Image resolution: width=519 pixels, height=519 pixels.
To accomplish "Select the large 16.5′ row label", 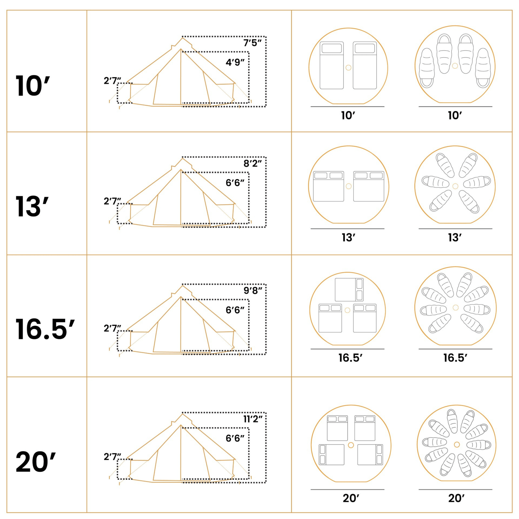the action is (x=45, y=329).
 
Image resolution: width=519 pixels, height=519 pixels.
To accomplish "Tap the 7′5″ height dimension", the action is (x=252, y=43).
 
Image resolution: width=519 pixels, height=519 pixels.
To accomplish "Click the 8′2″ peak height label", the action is (x=252, y=163).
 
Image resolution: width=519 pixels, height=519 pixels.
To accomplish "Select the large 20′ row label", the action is (x=36, y=462).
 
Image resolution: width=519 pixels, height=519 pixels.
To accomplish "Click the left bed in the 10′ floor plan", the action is (x=332, y=65).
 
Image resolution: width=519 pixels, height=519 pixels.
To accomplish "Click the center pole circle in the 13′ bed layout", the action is (x=349, y=186).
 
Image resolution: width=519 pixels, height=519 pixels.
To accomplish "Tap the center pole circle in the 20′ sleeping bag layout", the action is (x=457, y=444).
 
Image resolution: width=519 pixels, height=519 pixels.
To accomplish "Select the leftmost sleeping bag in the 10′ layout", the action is (x=427, y=68).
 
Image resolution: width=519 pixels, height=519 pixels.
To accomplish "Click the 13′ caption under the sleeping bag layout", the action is (x=455, y=237).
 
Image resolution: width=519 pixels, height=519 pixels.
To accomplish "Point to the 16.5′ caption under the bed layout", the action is (x=350, y=358).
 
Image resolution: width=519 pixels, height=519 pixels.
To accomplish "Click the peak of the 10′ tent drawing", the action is (x=182, y=38).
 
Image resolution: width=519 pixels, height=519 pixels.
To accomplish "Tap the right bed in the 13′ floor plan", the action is (x=369, y=186).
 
